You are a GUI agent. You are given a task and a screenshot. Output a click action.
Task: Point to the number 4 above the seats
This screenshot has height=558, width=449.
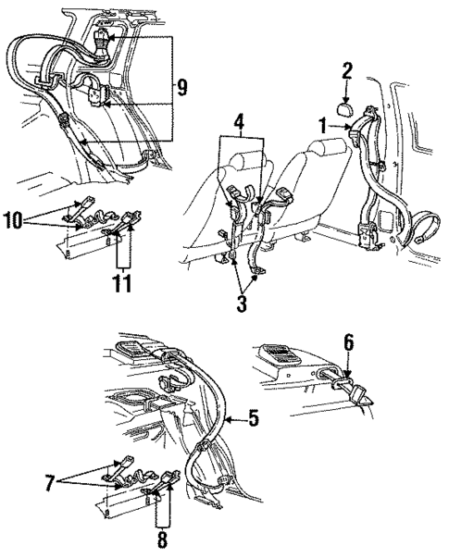pos(239,121)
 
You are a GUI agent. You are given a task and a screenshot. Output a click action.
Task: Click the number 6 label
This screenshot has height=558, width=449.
pos(349,342)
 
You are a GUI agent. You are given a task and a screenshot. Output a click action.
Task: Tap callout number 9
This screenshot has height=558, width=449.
pos(181,88)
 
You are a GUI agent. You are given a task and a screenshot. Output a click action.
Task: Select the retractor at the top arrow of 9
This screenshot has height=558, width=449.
pos(102,41)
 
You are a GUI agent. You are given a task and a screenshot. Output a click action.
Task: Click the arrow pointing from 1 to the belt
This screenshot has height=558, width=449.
pos(350,131)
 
